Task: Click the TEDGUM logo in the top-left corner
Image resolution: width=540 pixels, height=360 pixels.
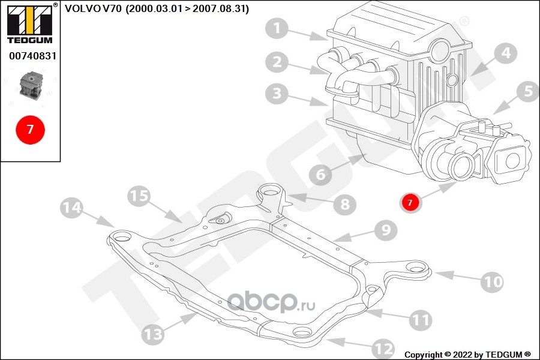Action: tap(31, 23)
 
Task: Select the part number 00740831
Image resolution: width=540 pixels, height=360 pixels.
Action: tap(32, 56)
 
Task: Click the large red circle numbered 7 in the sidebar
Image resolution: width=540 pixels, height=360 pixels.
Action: tap(31, 130)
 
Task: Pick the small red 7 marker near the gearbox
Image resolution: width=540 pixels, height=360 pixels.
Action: tap(410, 202)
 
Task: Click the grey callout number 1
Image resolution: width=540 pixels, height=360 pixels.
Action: tap(277, 28)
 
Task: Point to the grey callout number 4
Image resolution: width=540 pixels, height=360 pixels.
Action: tap(506, 54)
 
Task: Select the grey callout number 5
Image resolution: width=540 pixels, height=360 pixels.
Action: tap(528, 91)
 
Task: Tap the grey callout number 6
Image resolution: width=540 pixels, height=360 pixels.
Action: tap(320, 175)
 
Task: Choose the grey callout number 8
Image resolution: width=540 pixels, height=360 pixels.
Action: tap(345, 204)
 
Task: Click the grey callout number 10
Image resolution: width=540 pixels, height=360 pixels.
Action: tap(492, 282)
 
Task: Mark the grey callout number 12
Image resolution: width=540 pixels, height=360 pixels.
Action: tap(383, 349)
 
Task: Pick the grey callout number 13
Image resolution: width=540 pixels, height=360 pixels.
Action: tap(152, 334)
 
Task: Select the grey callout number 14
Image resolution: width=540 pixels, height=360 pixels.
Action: tap(71, 208)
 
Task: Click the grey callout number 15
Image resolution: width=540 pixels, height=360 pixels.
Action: tap(139, 196)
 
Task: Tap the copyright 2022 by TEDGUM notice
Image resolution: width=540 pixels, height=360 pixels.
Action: tap(467, 355)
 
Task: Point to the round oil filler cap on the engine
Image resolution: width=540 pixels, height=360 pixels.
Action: tap(440, 50)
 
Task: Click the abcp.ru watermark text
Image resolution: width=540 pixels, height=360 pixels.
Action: tap(271, 302)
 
